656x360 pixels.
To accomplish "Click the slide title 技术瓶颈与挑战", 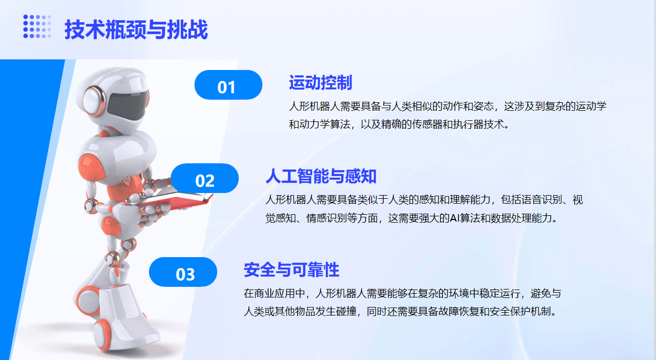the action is (136, 29).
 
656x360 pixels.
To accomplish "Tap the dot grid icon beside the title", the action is (37, 27).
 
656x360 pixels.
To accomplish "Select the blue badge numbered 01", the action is (228, 85).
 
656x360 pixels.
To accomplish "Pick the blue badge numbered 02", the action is (205, 178).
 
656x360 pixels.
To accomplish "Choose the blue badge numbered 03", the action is (183, 272).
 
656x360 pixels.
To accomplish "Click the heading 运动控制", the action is (321, 82).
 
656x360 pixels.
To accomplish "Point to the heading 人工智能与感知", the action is (321, 176).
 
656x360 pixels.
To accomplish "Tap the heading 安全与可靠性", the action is (291, 270).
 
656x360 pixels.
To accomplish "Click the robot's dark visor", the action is (127, 106).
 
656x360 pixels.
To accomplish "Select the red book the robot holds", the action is (173, 200).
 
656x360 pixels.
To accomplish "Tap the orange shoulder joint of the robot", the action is (90, 166).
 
